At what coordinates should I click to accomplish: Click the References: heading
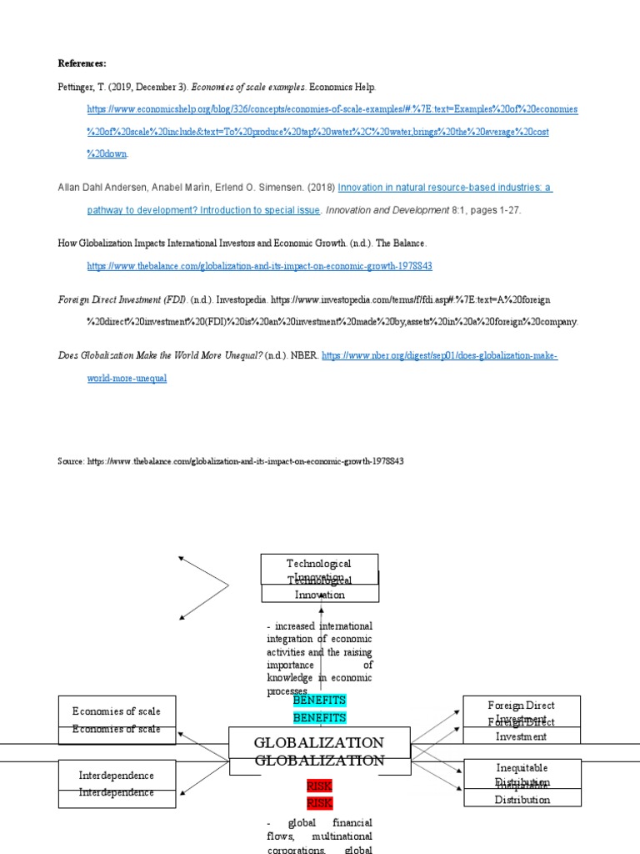coord(82,63)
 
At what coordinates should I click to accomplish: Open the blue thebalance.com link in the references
coord(259,266)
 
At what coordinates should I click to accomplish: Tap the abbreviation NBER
coord(303,356)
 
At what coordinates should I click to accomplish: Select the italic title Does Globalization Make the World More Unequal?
coord(160,356)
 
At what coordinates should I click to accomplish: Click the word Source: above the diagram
coord(71,461)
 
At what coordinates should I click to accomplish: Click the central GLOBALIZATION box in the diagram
coord(319,751)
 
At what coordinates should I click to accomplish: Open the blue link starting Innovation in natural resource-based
coord(444,188)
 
